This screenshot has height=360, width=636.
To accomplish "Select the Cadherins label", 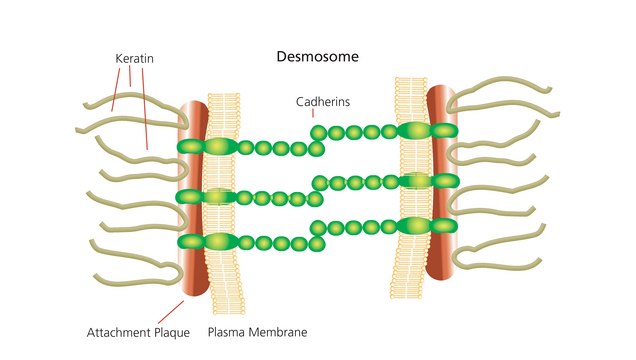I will (x=323, y=102).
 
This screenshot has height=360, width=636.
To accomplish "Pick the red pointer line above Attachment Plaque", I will (x=172, y=309).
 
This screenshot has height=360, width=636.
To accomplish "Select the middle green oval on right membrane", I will (x=415, y=181).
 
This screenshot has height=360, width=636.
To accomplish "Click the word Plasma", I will (x=225, y=331).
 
